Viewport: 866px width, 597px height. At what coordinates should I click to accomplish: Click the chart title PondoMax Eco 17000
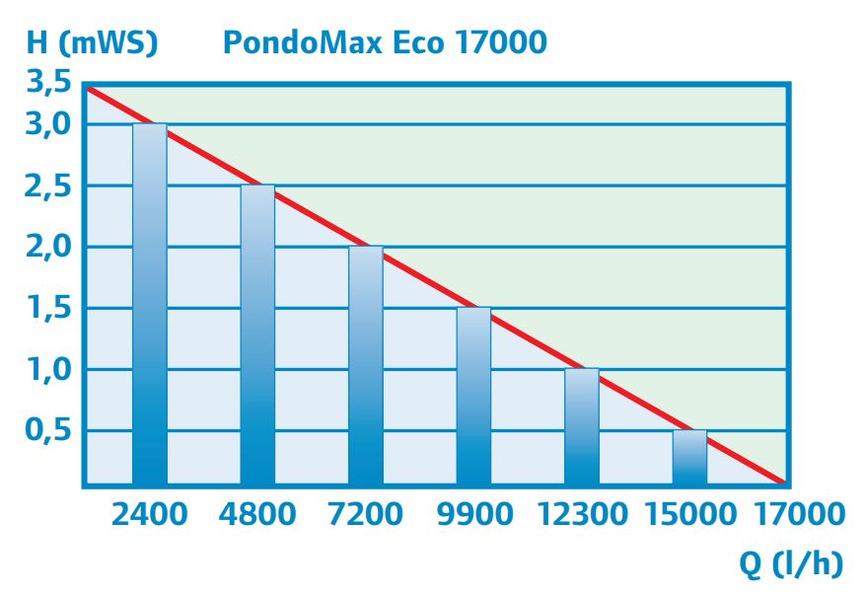[x=384, y=43]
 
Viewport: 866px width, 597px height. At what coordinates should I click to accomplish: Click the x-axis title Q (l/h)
[x=793, y=563]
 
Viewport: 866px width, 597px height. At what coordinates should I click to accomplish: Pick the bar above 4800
[x=257, y=335]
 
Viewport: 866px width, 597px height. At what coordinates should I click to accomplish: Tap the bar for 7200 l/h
[x=366, y=365]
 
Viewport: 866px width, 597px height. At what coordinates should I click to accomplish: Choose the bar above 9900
[x=473, y=396]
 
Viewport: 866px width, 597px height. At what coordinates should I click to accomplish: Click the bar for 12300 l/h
[x=582, y=426]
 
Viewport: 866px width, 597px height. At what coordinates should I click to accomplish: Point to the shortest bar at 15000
[x=689, y=457]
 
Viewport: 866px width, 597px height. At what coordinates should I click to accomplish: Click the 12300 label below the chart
[x=582, y=514]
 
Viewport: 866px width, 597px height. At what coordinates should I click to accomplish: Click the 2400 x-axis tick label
[x=149, y=514]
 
